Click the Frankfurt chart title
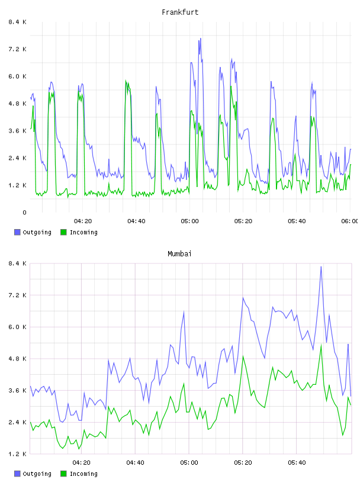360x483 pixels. click(x=180, y=12)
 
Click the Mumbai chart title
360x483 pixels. click(x=179, y=254)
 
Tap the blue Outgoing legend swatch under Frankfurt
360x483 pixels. click(x=17, y=232)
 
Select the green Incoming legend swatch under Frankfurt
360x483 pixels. click(x=63, y=232)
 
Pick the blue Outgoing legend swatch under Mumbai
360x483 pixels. click(x=17, y=474)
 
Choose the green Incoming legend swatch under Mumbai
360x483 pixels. click(x=63, y=474)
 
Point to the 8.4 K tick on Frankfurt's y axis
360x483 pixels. click(x=18, y=22)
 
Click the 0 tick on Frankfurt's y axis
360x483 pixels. click(x=25, y=212)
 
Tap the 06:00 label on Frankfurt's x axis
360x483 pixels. click(x=349, y=221)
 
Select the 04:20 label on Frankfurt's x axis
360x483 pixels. click(x=83, y=221)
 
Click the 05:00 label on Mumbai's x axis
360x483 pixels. click(x=189, y=463)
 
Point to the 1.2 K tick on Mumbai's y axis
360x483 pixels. click(x=18, y=454)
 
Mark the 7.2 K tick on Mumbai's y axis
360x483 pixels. click(x=18, y=295)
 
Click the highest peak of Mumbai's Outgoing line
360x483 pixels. click(x=321, y=267)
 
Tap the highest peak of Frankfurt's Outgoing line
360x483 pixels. click(x=200, y=38)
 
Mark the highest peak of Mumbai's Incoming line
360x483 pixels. click(x=321, y=345)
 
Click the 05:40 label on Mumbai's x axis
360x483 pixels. click(x=297, y=463)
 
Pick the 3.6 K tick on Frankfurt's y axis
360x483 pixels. click(x=18, y=131)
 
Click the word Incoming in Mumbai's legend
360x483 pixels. click(x=83, y=474)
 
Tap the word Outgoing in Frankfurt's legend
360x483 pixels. click(x=37, y=233)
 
